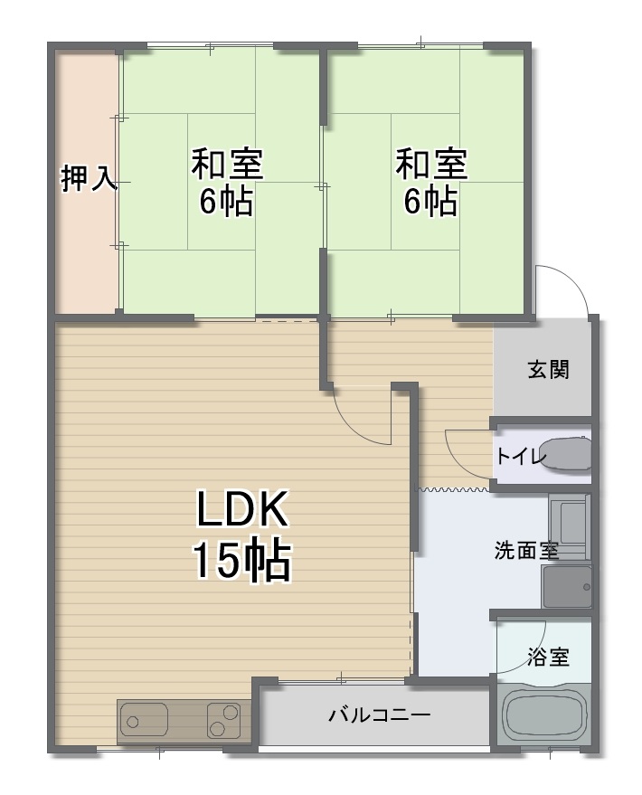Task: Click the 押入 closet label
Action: point(90,178)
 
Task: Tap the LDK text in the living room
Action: point(242,508)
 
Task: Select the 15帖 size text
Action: point(242,560)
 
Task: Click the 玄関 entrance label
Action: point(548,370)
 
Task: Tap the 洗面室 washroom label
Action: point(526,550)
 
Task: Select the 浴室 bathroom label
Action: point(548,658)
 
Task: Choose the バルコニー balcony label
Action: point(380,715)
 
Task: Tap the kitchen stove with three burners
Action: point(223,720)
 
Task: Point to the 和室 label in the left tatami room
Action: point(226,164)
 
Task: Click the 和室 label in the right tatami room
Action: point(431,164)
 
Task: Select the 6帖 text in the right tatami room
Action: point(430,202)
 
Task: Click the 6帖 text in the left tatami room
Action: point(226,202)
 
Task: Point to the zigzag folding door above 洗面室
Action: point(452,489)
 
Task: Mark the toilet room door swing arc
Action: point(458,459)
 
